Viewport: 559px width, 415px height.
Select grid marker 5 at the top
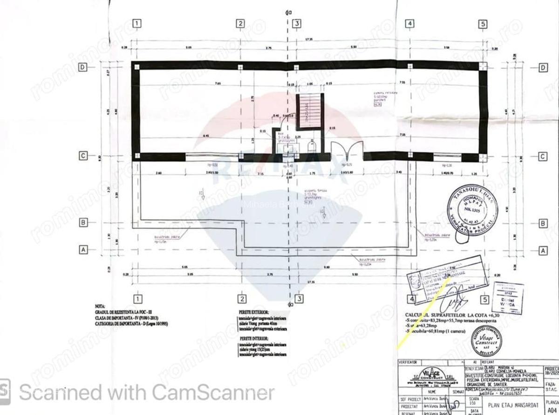point(483,24)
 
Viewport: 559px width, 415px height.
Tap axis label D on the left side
point(82,68)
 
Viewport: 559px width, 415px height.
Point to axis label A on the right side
point(543,250)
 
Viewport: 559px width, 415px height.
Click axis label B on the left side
point(83,223)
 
